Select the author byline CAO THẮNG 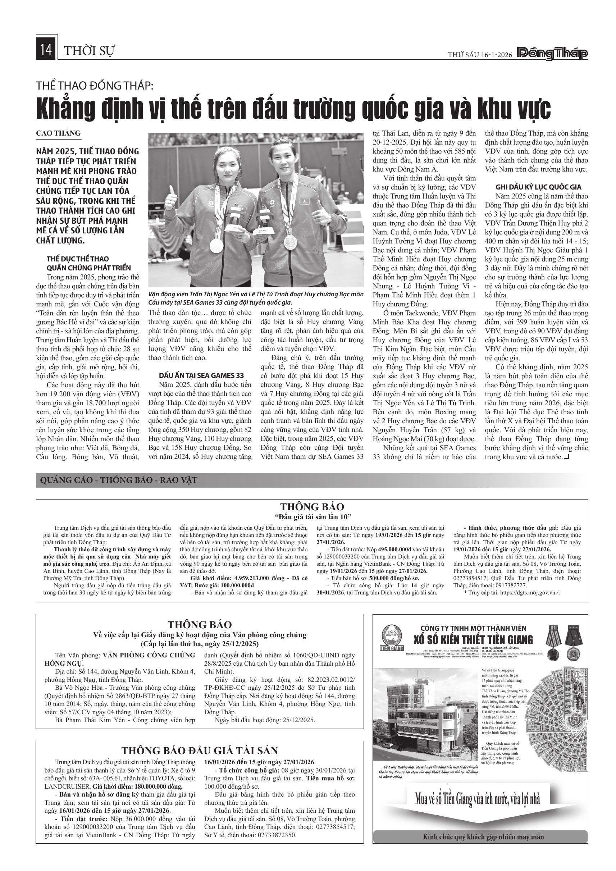58,133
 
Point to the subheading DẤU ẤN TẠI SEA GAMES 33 201,375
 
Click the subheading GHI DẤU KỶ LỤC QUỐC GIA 538,187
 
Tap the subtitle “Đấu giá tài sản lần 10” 312,517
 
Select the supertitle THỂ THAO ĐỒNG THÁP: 95,86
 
